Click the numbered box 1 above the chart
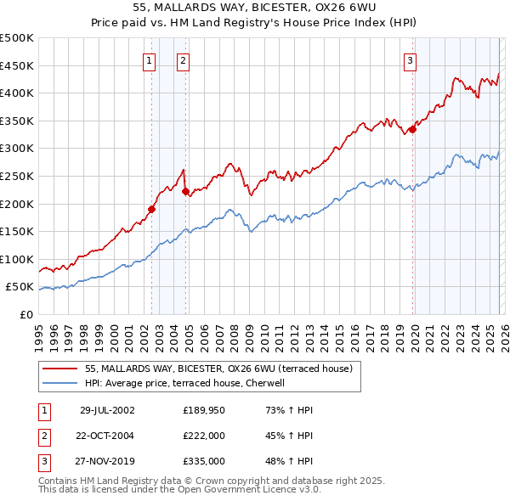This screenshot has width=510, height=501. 150,60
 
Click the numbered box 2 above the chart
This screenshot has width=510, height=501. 183,60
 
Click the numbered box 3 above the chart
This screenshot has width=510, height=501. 410,60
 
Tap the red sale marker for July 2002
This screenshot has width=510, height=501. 152,209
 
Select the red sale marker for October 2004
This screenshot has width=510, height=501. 185,191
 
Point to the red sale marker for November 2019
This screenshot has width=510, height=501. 412,129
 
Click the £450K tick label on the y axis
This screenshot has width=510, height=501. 17,65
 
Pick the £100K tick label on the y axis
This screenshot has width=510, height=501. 17,259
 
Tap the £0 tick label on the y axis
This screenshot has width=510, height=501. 25,314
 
